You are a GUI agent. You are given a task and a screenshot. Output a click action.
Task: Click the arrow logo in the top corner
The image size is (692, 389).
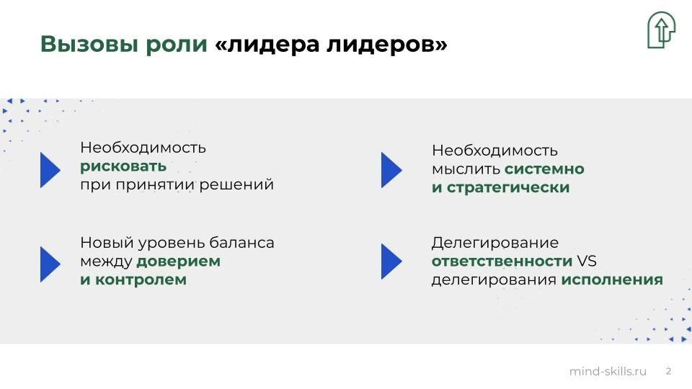pyautogui.click(x=661, y=30)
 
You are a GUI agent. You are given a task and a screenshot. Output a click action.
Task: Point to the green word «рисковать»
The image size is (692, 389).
pyautogui.click(x=123, y=167)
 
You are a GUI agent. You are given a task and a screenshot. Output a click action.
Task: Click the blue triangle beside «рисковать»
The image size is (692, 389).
pyautogui.click(x=50, y=170)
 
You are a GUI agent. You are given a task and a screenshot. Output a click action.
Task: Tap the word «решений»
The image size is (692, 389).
pyautogui.click(x=236, y=185)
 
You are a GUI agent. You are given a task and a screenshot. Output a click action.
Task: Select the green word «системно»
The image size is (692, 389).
pyautogui.click(x=544, y=169)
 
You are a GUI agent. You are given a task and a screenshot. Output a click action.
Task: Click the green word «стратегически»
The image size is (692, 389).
pyautogui.click(x=508, y=188)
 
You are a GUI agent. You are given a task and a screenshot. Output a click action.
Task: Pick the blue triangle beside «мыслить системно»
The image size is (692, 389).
pyautogui.click(x=391, y=170)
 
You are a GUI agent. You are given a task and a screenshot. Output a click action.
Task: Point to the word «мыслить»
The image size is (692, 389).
pyautogui.click(x=466, y=169)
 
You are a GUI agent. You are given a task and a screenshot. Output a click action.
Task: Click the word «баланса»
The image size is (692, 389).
pyautogui.click(x=241, y=243)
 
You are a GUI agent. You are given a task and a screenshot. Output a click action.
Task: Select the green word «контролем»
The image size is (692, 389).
pyautogui.click(x=141, y=280)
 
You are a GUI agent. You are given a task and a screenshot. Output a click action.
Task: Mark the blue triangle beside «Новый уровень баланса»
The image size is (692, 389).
pyautogui.click(x=50, y=264)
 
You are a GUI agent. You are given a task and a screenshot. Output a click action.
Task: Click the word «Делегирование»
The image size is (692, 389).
pyautogui.click(x=494, y=243)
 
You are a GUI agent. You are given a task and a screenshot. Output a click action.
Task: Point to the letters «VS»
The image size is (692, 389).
pyautogui.click(x=587, y=261)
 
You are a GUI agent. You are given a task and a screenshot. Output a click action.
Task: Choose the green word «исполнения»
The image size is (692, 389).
pyautogui.click(x=612, y=280)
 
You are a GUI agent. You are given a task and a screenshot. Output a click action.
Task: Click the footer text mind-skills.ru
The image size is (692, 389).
pyautogui.click(x=608, y=372)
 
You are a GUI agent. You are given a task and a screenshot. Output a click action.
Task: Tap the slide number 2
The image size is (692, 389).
pyautogui.click(x=669, y=372)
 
